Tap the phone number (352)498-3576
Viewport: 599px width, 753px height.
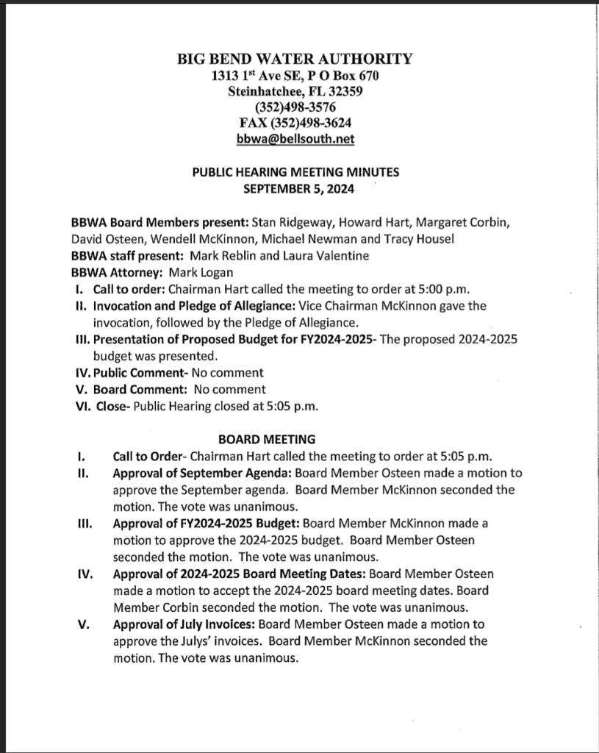point(295,107)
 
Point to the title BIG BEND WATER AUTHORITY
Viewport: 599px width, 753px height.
point(295,59)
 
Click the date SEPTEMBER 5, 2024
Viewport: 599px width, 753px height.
point(295,188)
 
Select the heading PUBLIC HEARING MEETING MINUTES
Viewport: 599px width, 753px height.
point(295,173)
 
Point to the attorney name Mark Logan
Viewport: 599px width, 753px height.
point(179,271)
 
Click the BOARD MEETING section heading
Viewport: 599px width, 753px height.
point(267,440)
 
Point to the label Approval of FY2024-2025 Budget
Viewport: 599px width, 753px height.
point(206,524)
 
